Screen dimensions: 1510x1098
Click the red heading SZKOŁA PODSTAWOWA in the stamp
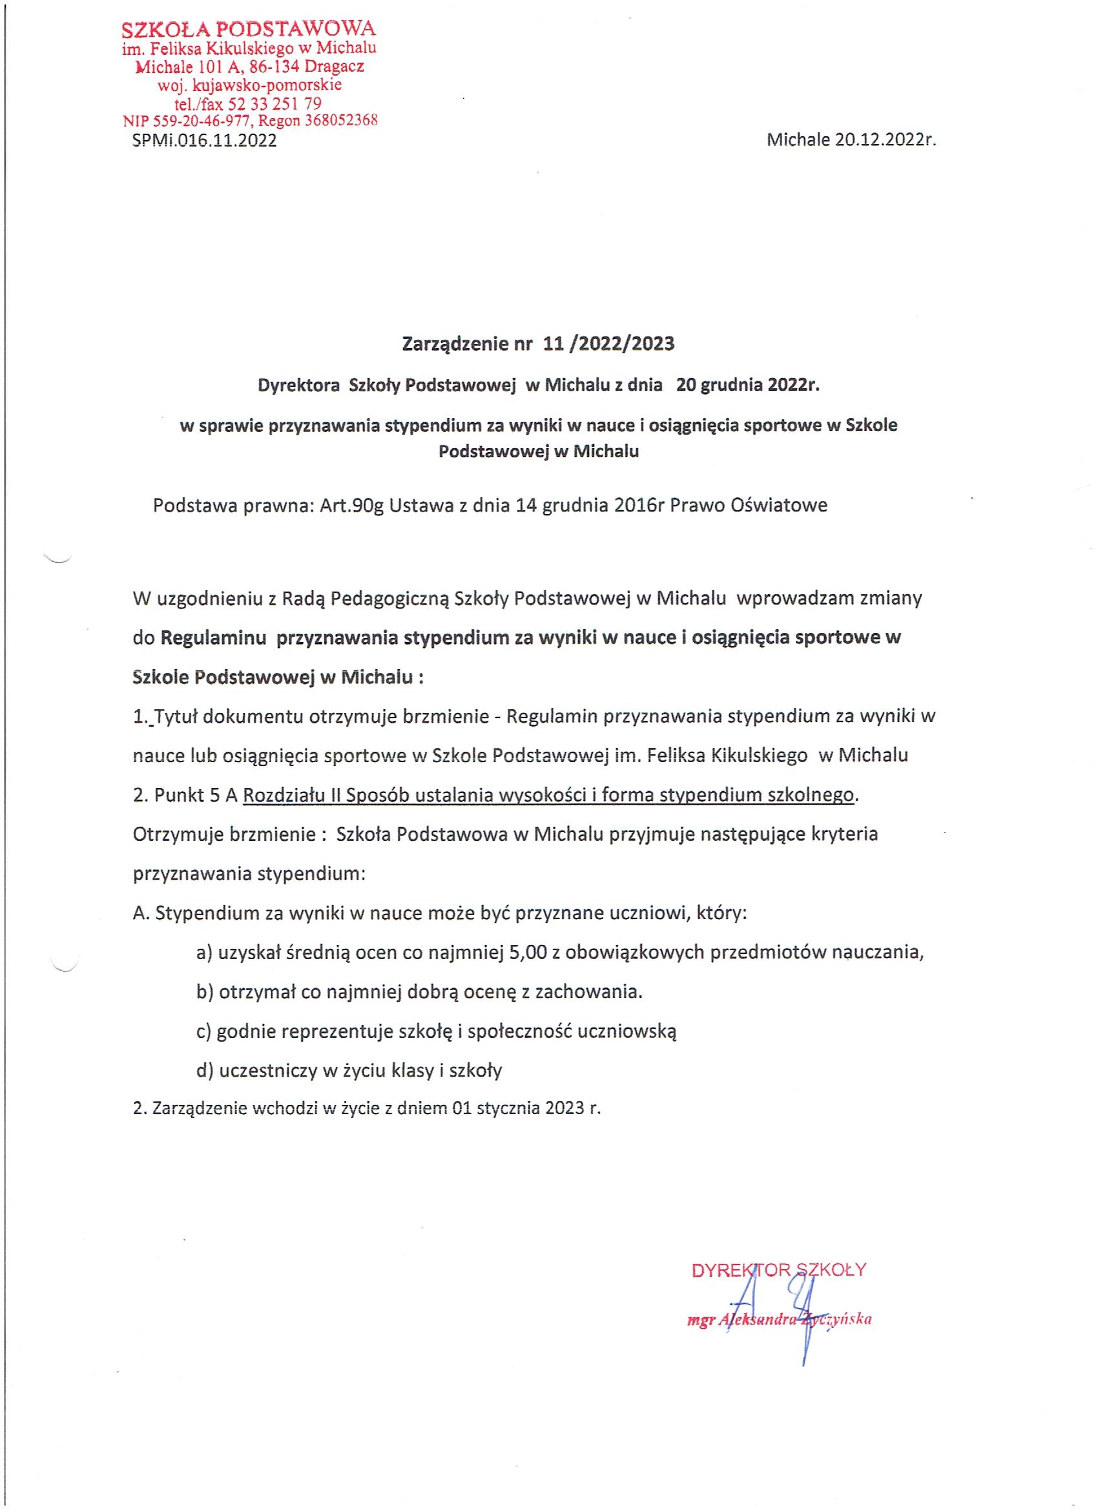coord(249,29)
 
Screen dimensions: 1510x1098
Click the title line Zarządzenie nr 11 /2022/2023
coord(538,344)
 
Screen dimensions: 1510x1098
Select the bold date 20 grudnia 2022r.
coord(747,386)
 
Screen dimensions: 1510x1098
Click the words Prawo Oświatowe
coord(749,505)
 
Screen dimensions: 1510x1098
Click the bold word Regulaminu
coord(212,638)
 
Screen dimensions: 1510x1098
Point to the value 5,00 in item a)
coord(526,953)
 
